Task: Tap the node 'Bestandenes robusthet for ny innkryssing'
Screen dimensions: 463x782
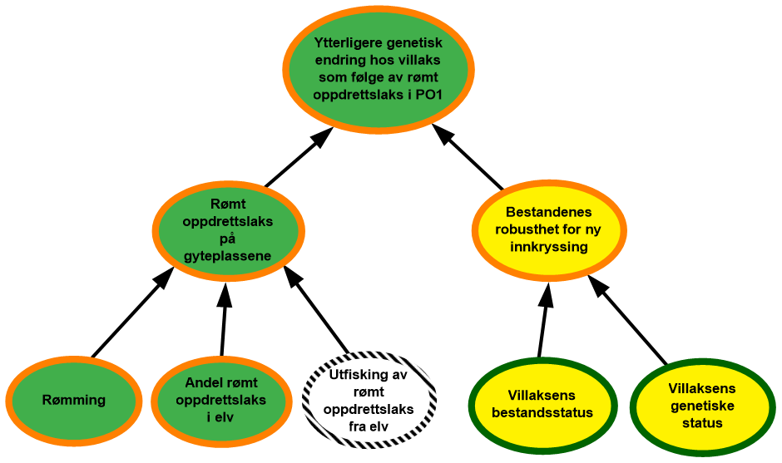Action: (x=549, y=229)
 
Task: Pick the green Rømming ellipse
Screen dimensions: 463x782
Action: (x=74, y=400)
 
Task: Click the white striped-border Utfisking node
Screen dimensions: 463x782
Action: (x=369, y=401)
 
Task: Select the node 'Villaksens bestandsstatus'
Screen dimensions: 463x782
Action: (x=542, y=404)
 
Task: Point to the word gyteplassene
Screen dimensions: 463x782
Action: (x=228, y=255)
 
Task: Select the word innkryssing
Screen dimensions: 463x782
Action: (x=550, y=247)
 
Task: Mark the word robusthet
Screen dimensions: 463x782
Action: (x=527, y=229)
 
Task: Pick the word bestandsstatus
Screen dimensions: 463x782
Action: (x=542, y=412)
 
